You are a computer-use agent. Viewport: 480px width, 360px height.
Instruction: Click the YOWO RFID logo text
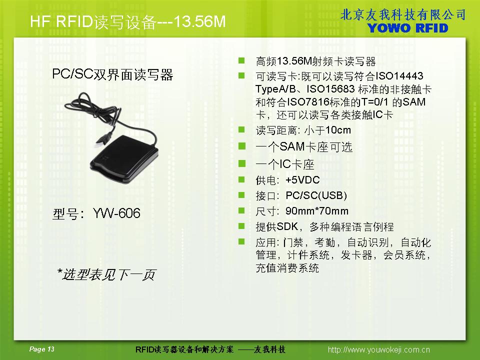click(x=408, y=28)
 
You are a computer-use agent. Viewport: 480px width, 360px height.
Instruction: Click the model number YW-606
click(x=116, y=213)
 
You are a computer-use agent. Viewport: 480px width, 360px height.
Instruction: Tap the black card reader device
click(x=124, y=159)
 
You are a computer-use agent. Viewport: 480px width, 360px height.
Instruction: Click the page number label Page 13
click(x=41, y=349)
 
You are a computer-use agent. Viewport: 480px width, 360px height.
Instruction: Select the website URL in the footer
click(x=378, y=349)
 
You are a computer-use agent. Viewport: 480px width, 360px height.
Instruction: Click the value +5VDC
click(x=302, y=179)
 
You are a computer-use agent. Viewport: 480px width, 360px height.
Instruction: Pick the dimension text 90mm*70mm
click(x=317, y=211)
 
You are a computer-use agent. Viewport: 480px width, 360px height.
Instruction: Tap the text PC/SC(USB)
click(x=316, y=195)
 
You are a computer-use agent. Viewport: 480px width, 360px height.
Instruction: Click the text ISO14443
click(x=399, y=75)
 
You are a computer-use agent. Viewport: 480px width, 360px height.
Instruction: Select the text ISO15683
click(x=330, y=89)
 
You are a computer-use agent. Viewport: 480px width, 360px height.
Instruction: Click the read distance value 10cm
click(x=338, y=130)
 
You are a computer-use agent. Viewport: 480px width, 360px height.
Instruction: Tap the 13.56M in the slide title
click(x=199, y=21)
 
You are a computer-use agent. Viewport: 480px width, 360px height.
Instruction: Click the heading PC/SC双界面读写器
click(x=112, y=74)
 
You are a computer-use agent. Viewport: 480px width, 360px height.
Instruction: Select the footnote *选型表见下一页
click(x=106, y=274)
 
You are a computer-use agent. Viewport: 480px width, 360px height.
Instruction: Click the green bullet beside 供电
click(x=241, y=179)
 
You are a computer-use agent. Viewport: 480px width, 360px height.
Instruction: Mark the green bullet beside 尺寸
click(x=241, y=210)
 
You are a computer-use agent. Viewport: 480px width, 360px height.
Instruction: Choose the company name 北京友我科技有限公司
click(x=403, y=14)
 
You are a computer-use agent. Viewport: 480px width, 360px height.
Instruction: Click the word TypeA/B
click(x=275, y=89)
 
